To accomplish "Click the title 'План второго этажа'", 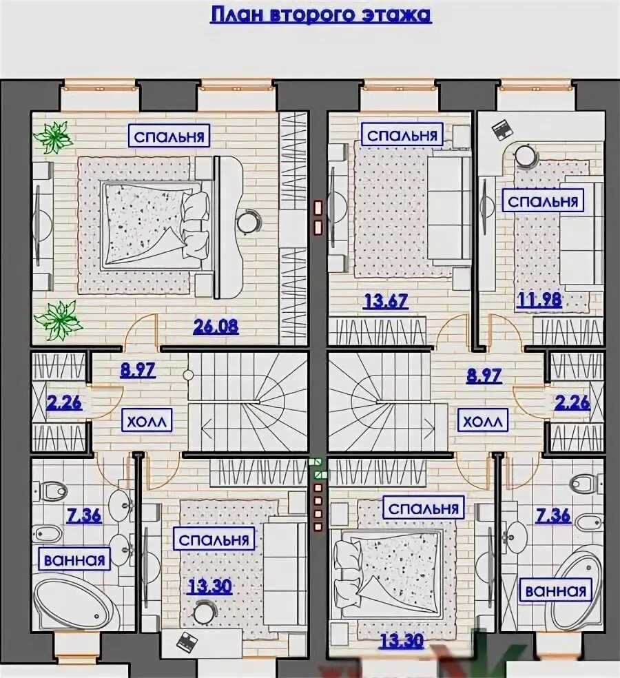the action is coord(321,14).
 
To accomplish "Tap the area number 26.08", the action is coord(216,327).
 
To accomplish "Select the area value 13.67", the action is coord(386,300).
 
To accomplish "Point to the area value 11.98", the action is coord(539,299).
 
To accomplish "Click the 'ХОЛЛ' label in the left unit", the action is coord(147,421).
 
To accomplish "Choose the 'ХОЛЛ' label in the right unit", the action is coord(482,421).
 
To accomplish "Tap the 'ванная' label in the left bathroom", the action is coord(75,559).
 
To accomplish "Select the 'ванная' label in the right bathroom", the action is coord(556,590).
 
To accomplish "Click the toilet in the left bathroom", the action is coord(51,490).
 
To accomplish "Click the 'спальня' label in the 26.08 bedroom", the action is coord(169,136).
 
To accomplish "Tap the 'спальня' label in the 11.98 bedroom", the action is coord(543,201).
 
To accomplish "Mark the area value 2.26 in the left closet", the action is coord(64,402).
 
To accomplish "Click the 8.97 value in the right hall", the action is coord(484,376).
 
